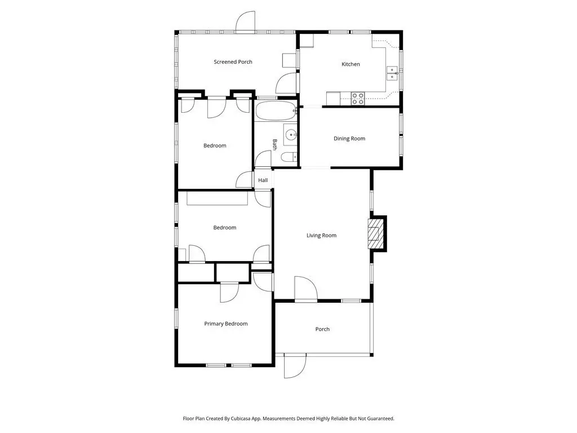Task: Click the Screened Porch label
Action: [233, 62]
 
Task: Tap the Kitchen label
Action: [350, 64]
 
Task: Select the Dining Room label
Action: [349, 139]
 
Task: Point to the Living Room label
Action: [321, 235]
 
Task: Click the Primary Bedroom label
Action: [225, 324]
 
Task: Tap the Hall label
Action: [263, 180]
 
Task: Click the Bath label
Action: [274, 144]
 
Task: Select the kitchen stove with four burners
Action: [358, 98]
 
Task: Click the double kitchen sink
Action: [392, 74]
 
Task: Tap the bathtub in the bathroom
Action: [276, 111]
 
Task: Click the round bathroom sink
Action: [290, 135]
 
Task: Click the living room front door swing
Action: [306, 289]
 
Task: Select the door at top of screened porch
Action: [245, 21]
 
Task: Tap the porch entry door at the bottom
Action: [295, 366]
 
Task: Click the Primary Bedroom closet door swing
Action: [230, 293]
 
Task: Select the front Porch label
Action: [322, 329]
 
